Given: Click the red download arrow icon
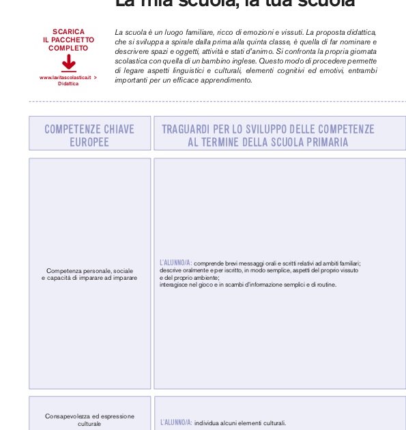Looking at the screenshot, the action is click(x=68, y=63).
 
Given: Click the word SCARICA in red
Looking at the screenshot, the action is click(x=68, y=32).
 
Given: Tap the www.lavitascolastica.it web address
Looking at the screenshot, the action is click(x=66, y=78).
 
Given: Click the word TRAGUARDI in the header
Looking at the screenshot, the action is click(x=188, y=129).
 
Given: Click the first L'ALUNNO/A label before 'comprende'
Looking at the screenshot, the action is click(x=175, y=263).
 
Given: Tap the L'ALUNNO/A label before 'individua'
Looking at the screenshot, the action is click(x=175, y=423).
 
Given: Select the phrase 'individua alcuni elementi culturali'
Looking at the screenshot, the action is click(x=240, y=423).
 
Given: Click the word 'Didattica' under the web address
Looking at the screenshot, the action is click(x=68, y=84).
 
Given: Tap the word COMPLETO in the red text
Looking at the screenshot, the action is click(x=68, y=48).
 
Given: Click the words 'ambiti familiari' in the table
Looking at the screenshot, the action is click(x=339, y=263).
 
